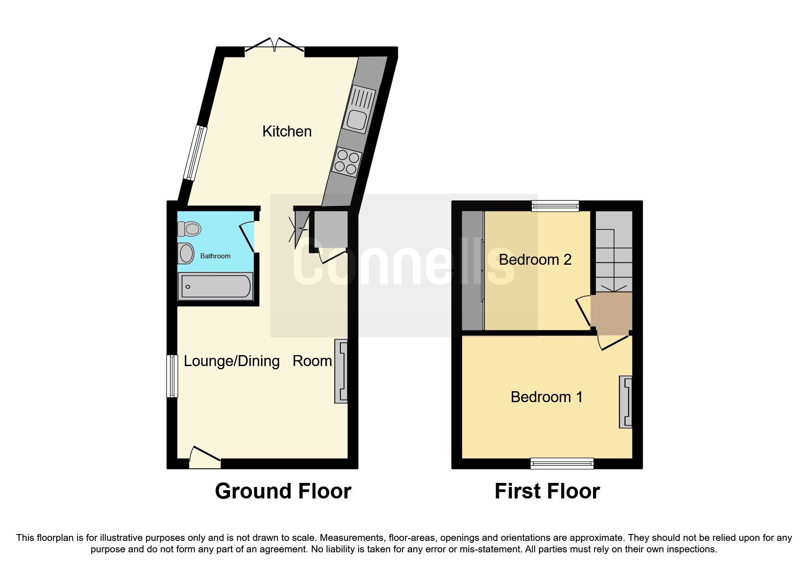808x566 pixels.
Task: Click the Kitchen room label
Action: point(287,131)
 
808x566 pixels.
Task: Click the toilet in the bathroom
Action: point(190,228)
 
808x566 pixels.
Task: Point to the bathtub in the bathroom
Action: point(215,287)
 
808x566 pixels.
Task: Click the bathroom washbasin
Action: point(186,253)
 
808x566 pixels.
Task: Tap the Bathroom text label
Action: point(215,256)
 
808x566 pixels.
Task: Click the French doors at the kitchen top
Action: point(275,46)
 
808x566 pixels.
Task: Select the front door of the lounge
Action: point(205,457)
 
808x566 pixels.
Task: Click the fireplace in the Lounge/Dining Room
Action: point(341,371)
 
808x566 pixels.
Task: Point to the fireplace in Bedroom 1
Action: point(626,402)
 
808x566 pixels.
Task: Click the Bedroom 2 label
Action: point(535,260)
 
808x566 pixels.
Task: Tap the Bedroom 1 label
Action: point(546,397)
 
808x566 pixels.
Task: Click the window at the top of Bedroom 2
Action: point(555,206)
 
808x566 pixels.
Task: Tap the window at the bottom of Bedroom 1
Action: point(562,464)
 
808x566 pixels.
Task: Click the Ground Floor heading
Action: point(283,492)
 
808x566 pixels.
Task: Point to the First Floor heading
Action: point(547,492)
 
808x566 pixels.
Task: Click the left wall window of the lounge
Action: point(172,376)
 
